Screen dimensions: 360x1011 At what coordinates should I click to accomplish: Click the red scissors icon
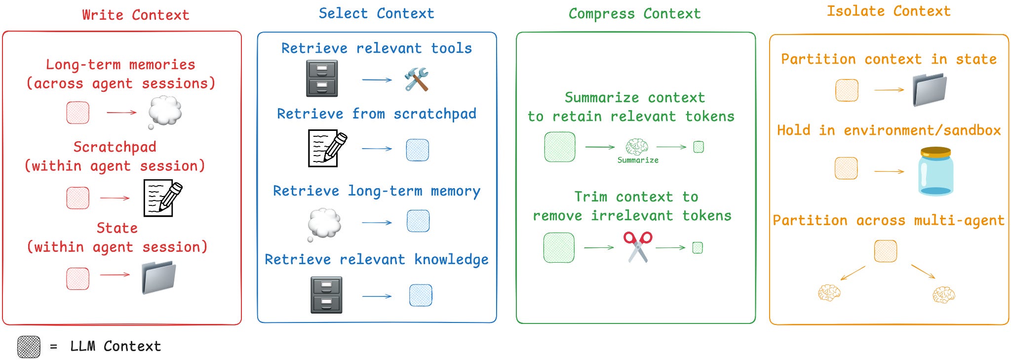(x=638, y=246)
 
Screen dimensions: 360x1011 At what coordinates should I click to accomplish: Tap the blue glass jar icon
(x=935, y=171)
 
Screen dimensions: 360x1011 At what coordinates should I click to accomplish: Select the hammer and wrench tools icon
(x=416, y=80)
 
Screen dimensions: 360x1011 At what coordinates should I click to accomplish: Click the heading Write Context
(x=136, y=15)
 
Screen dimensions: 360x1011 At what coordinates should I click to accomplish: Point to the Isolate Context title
(x=889, y=11)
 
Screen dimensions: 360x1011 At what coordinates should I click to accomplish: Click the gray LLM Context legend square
(x=29, y=347)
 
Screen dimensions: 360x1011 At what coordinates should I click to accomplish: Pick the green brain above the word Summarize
(x=637, y=147)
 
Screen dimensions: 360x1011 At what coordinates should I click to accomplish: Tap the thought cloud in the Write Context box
(x=165, y=111)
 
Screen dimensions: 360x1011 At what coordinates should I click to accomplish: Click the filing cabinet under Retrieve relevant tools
(x=322, y=79)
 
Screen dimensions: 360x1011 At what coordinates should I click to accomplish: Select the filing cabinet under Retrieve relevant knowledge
(x=326, y=295)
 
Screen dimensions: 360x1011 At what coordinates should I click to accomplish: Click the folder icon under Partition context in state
(x=929, y=90)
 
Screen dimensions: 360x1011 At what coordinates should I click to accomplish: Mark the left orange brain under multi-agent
(x=829, y=292)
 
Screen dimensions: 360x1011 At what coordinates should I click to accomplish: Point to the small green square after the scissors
(x=697, y=247)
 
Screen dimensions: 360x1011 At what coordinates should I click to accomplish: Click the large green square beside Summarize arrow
(x=559, y=147)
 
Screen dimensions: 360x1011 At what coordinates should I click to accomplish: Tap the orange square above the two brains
(x=885, y=251)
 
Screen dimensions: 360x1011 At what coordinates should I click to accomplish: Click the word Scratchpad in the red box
(x=115, y=147)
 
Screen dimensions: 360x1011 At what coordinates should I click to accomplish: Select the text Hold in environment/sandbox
(x=889, y=130)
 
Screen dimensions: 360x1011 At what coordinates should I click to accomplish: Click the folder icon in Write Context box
(x=158, y=278)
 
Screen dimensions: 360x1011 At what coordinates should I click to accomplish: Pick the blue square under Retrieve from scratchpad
(x=417, y=150)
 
